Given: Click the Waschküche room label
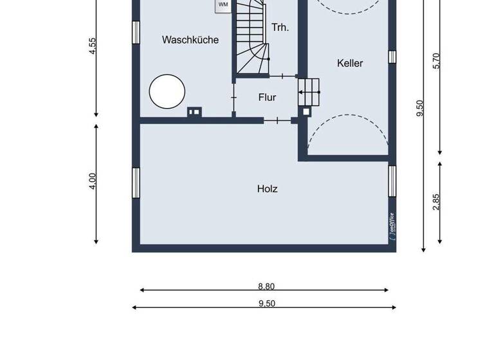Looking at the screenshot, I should tap(190, 40).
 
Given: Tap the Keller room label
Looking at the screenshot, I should tap(350, 63).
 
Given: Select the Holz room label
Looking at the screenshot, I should tap(267, 189).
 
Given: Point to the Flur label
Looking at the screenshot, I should tap(267, 98).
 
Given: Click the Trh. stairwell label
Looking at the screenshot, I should tap(280, 27).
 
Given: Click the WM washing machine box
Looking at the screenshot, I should tap(223, 4).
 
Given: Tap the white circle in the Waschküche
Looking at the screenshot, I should tap(167, 91).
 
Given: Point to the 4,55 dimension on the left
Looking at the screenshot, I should tap(93, 46).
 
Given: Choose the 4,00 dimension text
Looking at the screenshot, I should tap(93, 181).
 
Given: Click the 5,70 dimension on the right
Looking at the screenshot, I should tap(437, 60).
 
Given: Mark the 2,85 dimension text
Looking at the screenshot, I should tap(437, 201).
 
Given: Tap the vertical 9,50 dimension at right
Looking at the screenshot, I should tap(420, 108).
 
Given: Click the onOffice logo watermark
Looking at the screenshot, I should tap(392, 226).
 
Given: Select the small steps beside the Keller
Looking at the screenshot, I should tap(309, 92).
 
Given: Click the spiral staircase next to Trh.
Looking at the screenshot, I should tap(252, 39).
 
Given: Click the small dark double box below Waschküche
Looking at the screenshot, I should tap(194, 112).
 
